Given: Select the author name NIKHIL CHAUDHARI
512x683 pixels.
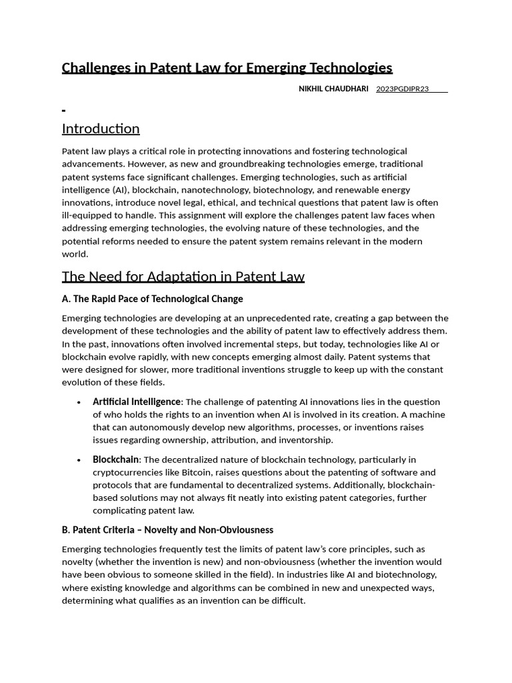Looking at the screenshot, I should pyautogui.click(x=333, y=89).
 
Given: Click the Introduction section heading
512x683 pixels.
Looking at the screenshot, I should pyautogui.click(x=101, y=129).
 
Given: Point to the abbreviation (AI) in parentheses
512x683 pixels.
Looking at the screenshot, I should pyautogui.click(x=119, y=189).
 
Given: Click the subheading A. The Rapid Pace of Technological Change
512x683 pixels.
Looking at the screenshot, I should pyautogui.click(x=152, y=299).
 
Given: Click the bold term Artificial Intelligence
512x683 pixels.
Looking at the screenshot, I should pyautogui.click(x=137, y=402).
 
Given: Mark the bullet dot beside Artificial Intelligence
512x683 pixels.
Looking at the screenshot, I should pyautogui.click(x=79, y=402).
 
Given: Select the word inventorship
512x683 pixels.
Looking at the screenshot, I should pyautogui.click(x=306, y=440).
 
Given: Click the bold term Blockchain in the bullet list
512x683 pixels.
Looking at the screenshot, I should pyautogui.click(x=115, y=460).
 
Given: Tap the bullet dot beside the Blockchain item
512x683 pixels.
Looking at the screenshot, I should pyautogui.click(x=79, y=460).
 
